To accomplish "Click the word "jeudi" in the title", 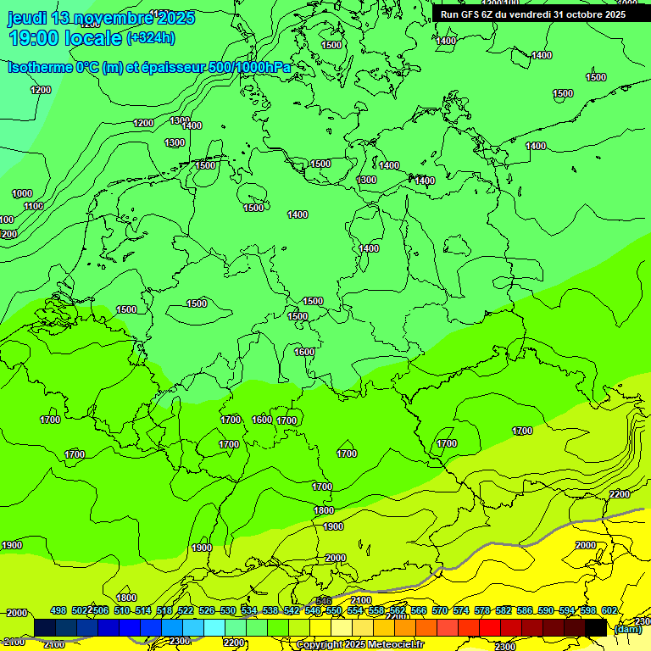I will point(26,18).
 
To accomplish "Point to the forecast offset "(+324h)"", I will point(151,37).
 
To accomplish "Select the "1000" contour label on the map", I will point(22,193).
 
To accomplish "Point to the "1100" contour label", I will point(34,206).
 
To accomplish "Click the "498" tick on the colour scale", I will point(58,610).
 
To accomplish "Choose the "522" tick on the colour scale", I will point(186,610).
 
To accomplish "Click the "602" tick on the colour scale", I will point(609,610).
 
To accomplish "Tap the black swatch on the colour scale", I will point(596,628).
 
